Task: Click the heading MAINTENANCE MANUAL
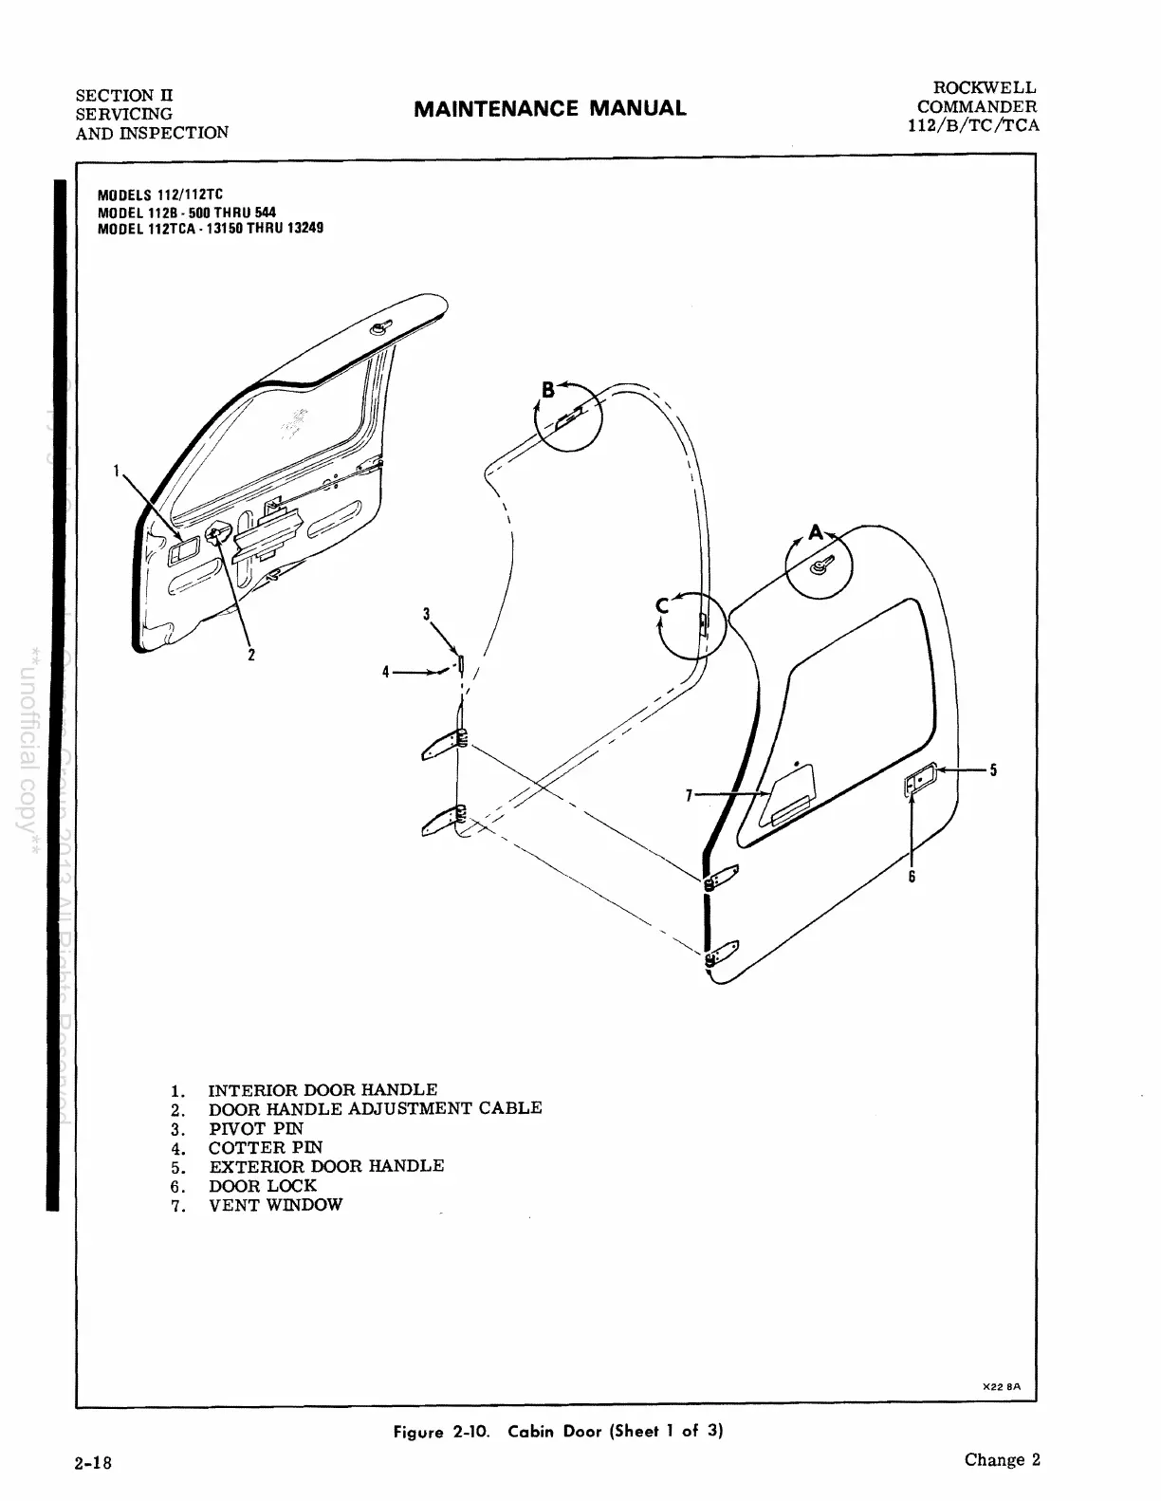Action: (x=549, y=108)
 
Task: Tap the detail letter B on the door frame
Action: (x=547, y=389)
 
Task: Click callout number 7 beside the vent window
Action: (x=690, y=794)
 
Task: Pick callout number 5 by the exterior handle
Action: (x=993, y=769)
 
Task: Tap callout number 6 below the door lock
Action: (x=912, y=877)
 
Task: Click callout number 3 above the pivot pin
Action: (x=427, y=614)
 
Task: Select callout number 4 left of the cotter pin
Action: (x=386, y=672)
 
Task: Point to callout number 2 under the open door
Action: (x=251, y=654)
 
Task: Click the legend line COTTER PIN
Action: (x=265, y=1147)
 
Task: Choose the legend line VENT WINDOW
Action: (x=275, y=1205)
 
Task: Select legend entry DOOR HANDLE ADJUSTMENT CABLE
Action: (x=375, y=1108)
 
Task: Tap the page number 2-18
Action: (x=94, y=1462)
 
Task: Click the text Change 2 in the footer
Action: (x=1002, y=1459)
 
